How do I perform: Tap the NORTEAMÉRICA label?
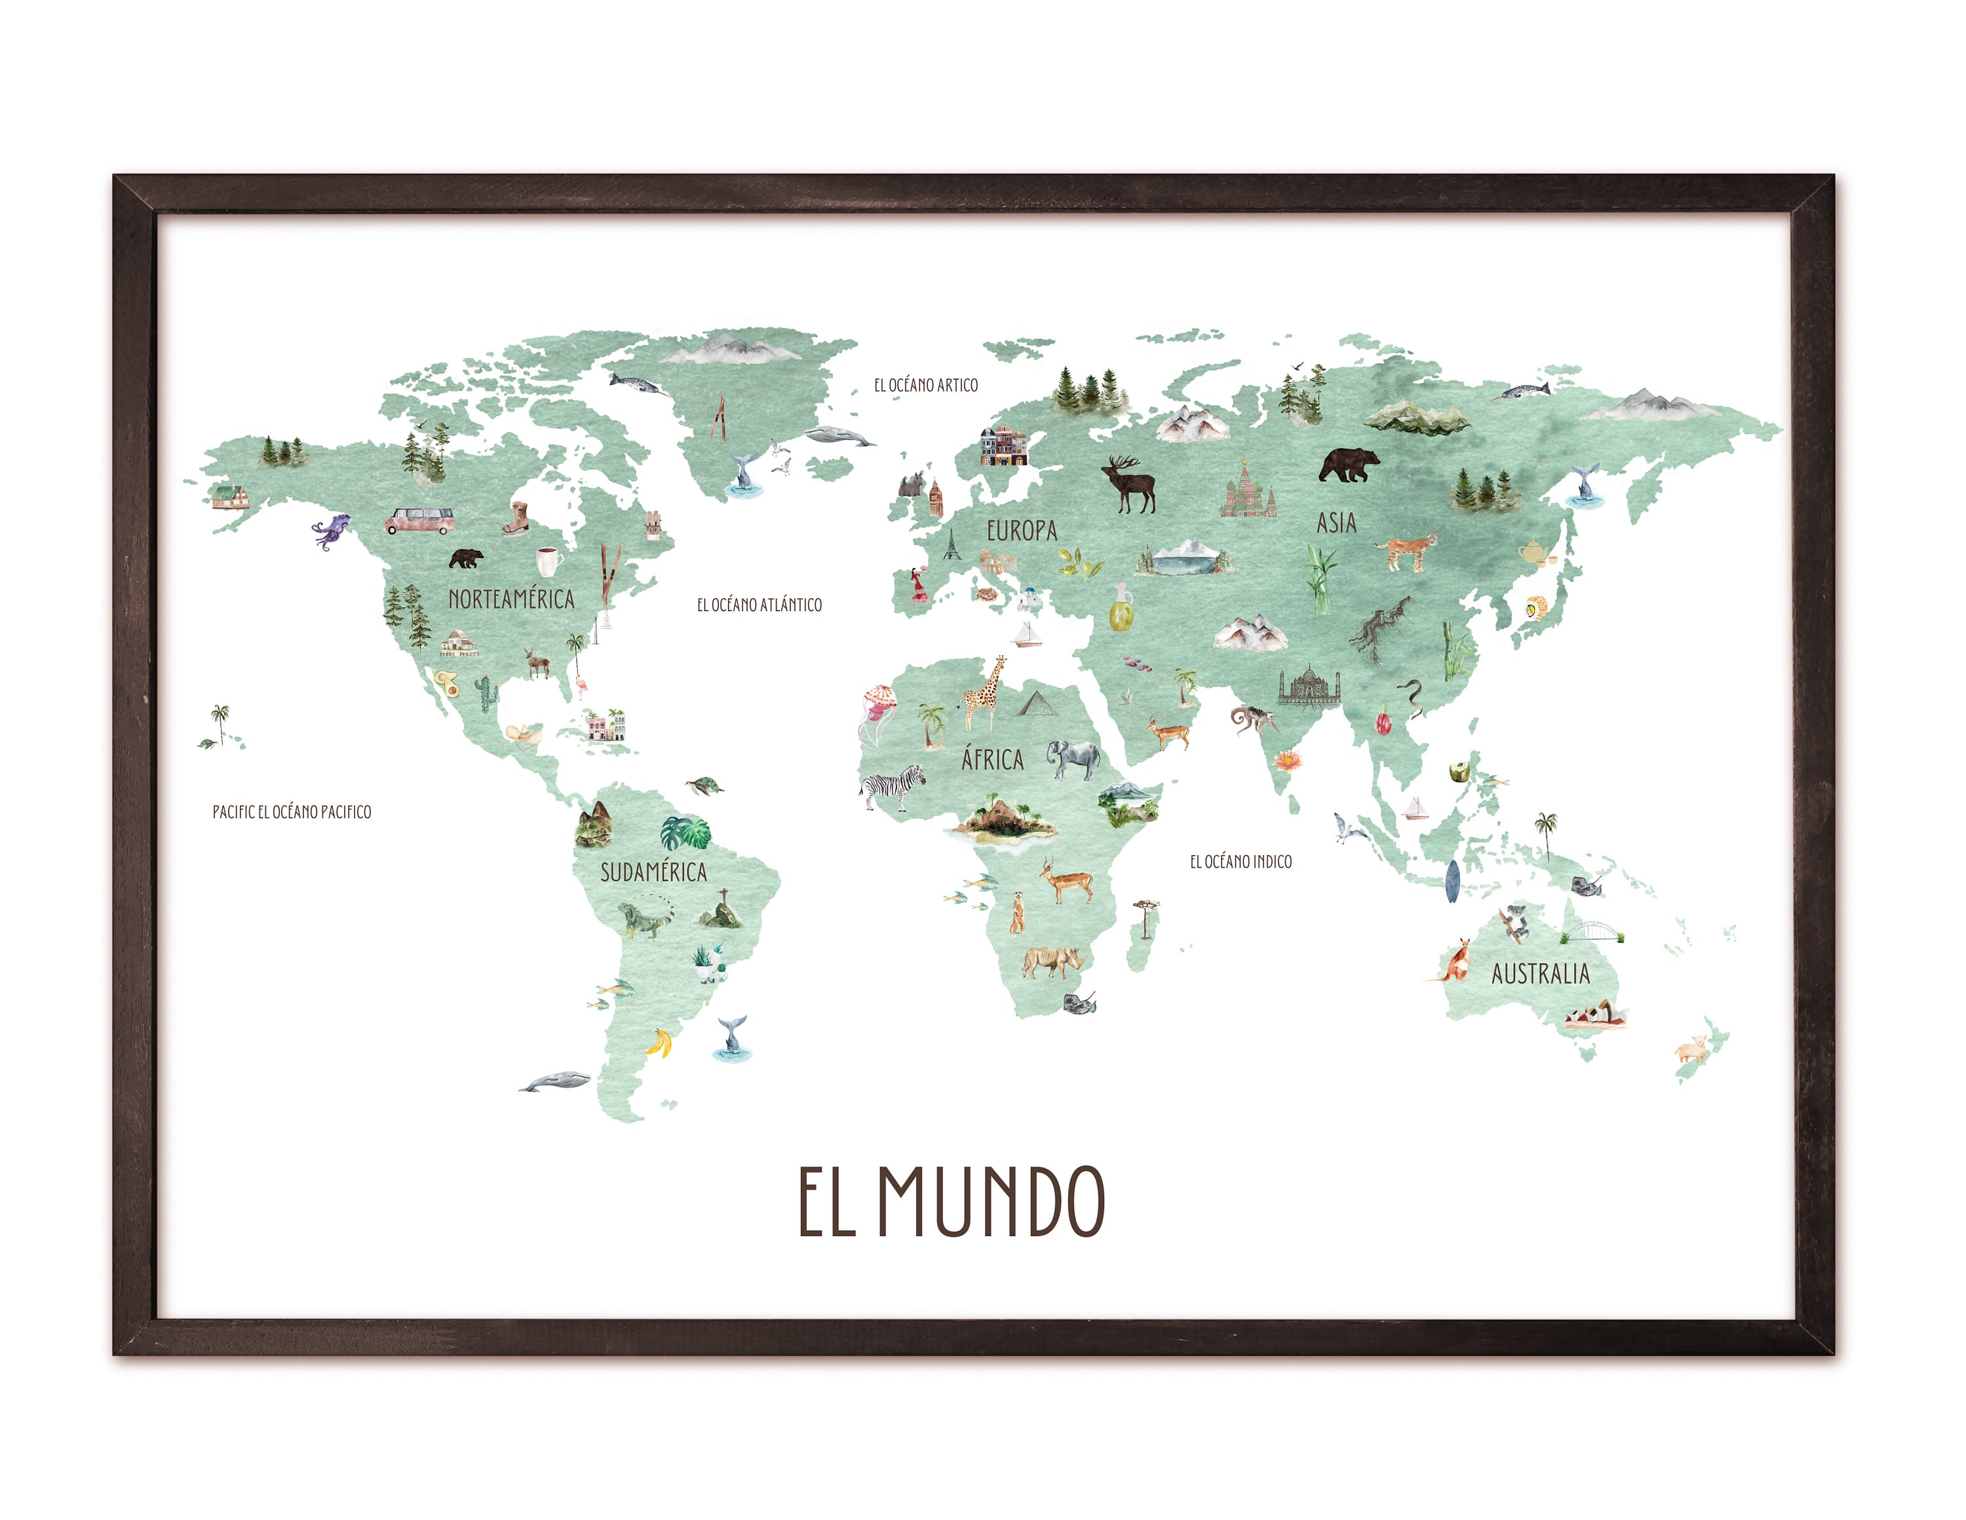coord(511,599)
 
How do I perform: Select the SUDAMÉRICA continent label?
coord(653,871)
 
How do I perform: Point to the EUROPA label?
coord(1021,530)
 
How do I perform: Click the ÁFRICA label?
coord(992,760)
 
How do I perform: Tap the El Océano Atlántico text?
coord(759,605)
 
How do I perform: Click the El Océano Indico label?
coord(1241,862)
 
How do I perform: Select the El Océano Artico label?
coord(925,386)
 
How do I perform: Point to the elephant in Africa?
coord(1075,759)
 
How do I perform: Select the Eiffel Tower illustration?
coord(952,543)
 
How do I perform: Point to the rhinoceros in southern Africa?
coord(1051,962)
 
